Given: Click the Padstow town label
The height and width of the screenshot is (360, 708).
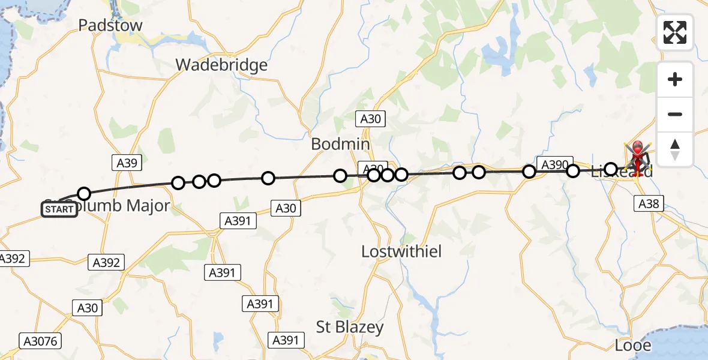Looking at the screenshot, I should (111, 25).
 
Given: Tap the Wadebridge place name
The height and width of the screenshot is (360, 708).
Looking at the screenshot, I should (221, 65).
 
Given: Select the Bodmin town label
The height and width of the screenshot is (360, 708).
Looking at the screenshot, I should (340, 145).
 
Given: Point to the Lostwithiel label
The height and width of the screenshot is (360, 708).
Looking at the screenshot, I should (401, 251).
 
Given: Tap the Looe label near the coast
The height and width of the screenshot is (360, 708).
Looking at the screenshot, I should (634, 346).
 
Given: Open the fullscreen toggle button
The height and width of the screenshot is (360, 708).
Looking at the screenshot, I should (675, 32).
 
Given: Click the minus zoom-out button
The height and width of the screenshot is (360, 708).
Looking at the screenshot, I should (675, 115).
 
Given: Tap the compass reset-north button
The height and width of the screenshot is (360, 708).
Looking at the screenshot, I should (675, 149).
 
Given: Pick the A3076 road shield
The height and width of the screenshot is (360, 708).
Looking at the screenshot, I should (40, 341).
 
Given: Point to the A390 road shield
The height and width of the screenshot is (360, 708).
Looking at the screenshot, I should (554, 164).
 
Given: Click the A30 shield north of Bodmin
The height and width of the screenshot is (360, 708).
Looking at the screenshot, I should (371, 119).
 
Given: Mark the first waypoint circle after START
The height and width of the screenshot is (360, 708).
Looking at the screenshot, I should (84, 193).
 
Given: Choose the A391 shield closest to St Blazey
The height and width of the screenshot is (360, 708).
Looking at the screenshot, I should (286, 340).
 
